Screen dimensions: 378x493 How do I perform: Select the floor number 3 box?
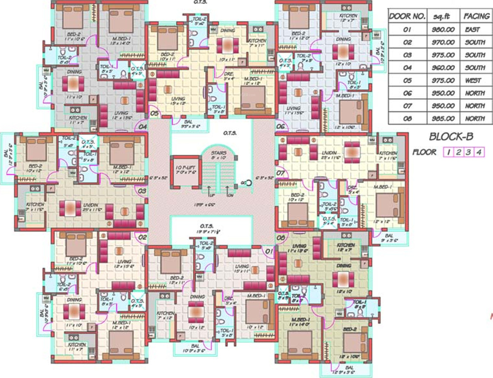[x=468, y=152]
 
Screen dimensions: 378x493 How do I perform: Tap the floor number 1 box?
[x=448, y=152]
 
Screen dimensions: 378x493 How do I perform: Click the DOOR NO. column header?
[x=407, y=16]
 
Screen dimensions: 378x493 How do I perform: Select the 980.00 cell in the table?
[x=442, y=30]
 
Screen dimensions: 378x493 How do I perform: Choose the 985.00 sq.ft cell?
[x=442, y=119]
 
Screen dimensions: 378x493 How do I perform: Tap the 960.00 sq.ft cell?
[x=442, y=67]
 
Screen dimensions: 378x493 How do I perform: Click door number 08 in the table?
[x=407, y=119]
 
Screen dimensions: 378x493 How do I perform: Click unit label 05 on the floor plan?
[x=154, y=113]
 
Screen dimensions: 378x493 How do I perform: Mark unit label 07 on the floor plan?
[x=281, y=174]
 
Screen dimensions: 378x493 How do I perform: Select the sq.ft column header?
[x=442, y=16]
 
